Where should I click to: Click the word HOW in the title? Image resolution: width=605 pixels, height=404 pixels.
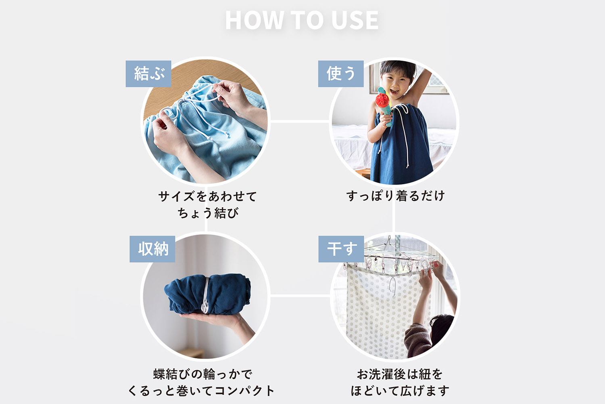254,20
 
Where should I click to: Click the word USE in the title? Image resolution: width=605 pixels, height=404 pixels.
355,20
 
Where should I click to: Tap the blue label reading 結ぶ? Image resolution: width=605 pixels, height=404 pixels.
148,74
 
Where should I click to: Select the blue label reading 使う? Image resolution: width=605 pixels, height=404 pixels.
341,74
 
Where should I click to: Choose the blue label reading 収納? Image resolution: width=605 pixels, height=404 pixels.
152,249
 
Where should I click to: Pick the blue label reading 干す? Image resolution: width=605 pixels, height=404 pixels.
341,249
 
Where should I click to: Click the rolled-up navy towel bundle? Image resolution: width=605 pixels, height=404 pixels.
207,294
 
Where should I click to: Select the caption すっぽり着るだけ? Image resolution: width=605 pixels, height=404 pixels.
395,196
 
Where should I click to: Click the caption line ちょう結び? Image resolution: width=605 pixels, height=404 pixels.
208,213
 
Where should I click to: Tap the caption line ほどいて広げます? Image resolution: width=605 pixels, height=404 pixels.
400,391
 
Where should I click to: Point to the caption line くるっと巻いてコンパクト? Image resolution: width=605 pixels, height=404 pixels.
201,391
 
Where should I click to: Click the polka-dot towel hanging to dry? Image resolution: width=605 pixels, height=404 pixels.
384,311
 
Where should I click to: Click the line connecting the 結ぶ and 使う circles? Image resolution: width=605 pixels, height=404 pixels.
300,122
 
